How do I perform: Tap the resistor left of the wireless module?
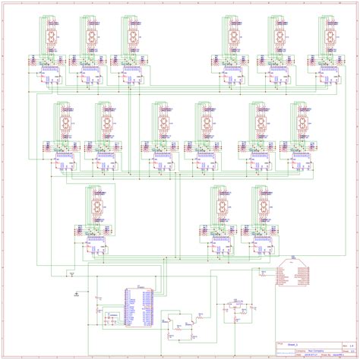tap(263, 272)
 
